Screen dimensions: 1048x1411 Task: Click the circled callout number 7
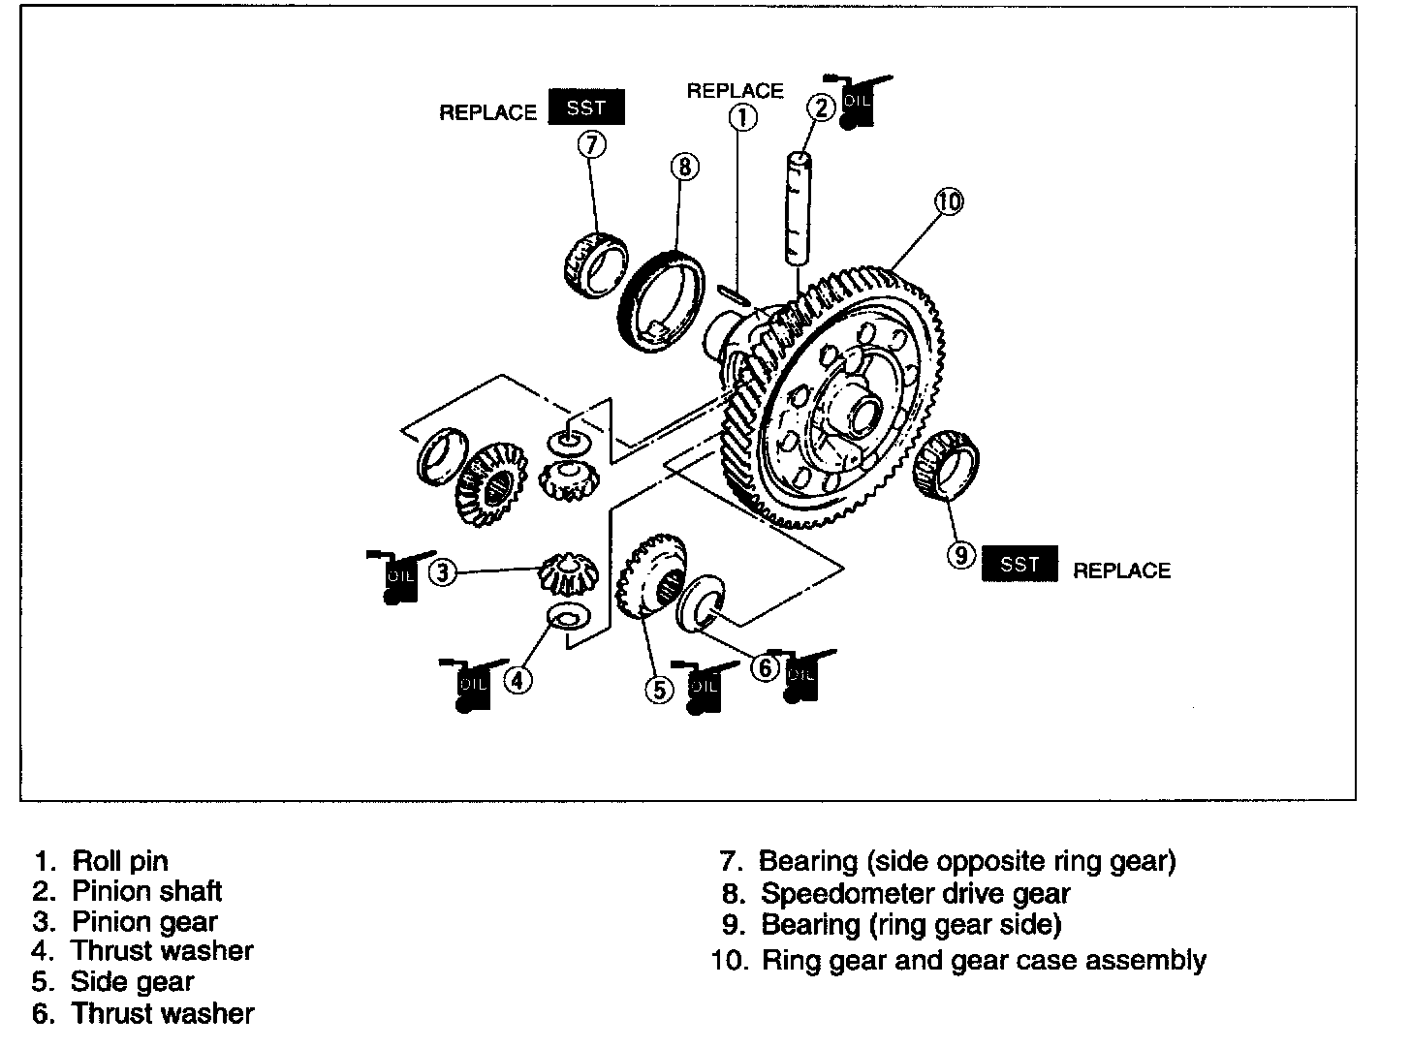pyautogui.click(x=592, y=144)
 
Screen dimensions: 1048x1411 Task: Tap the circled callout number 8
pyautogui.click(x=683, y=167)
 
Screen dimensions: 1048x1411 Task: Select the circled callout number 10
pyautogui.click(x=949, y=201)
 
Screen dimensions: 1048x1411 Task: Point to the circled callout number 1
pyautogui.click(x=741, y=118)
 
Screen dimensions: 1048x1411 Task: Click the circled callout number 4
pyautogui.click(x=518, y=681)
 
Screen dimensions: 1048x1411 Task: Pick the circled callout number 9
pyautogui.click(x=959, y=555)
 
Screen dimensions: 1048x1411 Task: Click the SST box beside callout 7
pyautogui.click(x=586, y=108)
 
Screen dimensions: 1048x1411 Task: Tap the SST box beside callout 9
pyautogui.click(x=1019, y=564)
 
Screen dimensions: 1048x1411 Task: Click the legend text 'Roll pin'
pyautogui.click(x=120, y=860)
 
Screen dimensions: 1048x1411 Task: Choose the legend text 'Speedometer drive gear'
pyautogui.click(x=914, y=893)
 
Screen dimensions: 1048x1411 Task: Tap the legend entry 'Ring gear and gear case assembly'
pyautogui.click(x=983, y=961)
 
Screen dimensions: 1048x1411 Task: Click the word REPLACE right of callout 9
pyautogui.click(x=1121, y=570)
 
